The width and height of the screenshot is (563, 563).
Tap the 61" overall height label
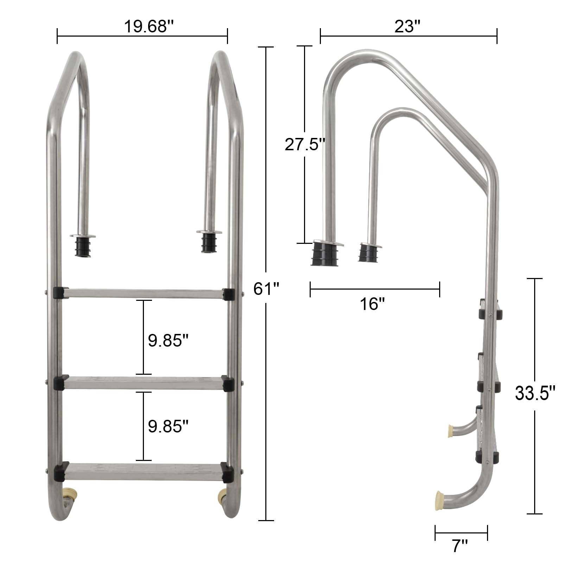[266, 289]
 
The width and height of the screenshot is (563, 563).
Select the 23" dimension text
[407, 26]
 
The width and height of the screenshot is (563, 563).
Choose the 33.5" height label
[535, 393]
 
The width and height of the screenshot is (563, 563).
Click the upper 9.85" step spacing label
[168, 341]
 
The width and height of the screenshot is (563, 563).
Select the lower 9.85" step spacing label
[168, 426]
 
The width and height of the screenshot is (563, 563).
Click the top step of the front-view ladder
[144, 294]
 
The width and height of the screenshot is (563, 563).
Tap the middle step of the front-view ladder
[144, 383]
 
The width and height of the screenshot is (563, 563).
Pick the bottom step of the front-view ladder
[144, 472]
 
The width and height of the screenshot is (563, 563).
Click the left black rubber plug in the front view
[83, 246]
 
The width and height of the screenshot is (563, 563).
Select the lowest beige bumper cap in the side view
[439, 501]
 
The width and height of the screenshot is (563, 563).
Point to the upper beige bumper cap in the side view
[450, 431]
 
